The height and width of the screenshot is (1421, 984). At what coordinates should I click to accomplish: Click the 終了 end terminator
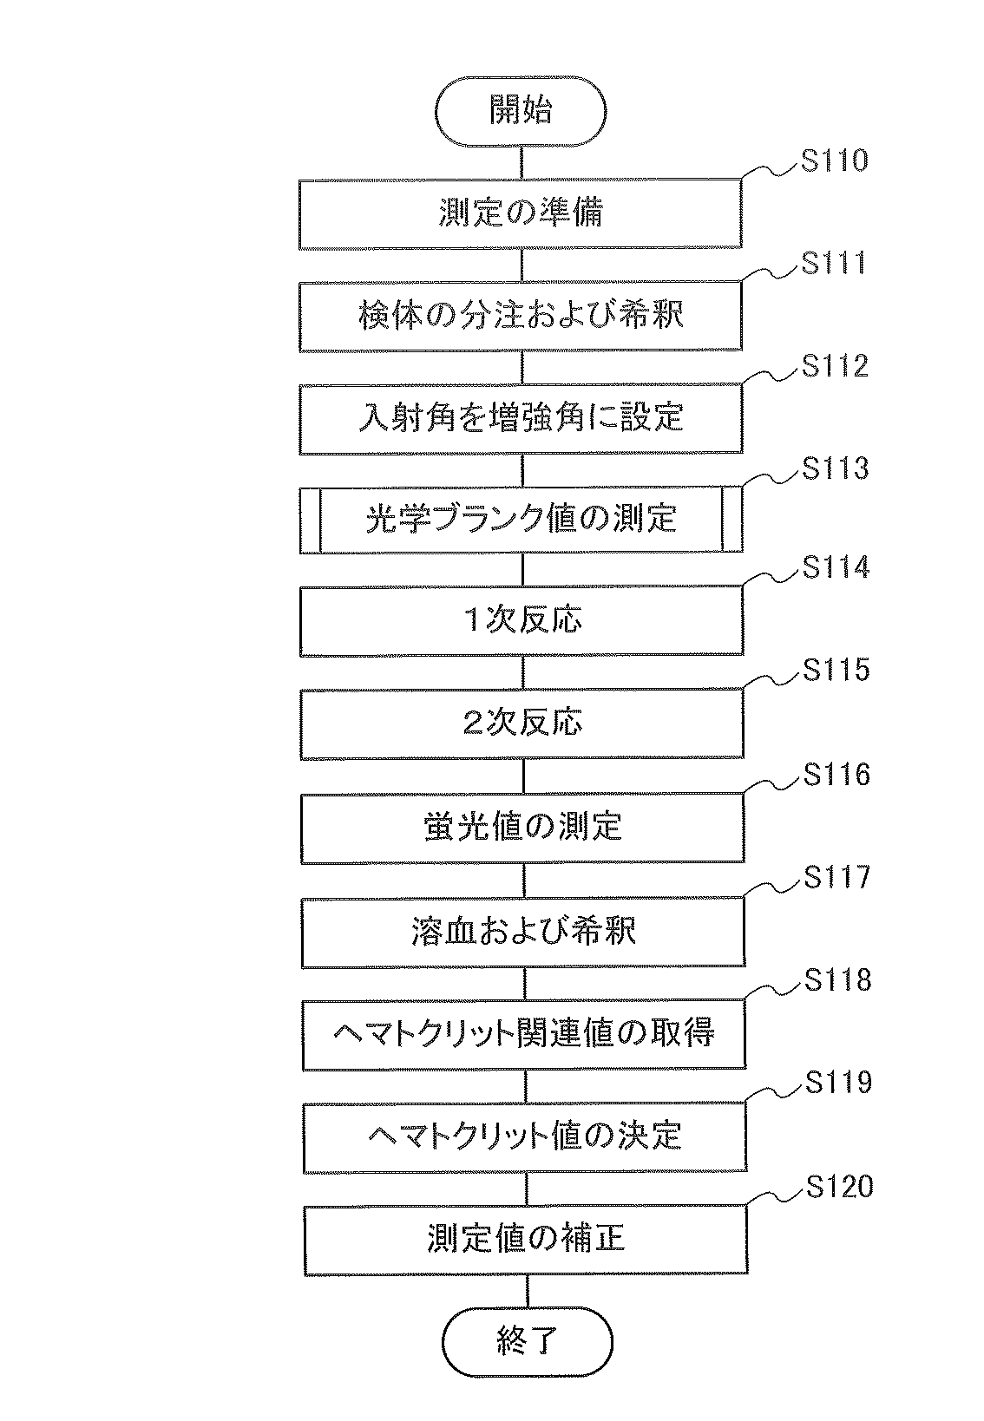(x=527, y=1342)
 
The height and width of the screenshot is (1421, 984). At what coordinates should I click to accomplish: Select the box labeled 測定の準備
(x=521, y=213)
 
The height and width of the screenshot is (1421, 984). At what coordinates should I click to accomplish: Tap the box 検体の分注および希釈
(x=521, y=316)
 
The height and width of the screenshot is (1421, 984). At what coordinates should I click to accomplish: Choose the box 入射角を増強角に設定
(x=522, y=418)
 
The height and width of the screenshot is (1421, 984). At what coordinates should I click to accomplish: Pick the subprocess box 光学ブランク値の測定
(x=522, y=520)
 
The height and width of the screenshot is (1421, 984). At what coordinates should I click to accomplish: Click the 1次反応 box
(x=522, y=620)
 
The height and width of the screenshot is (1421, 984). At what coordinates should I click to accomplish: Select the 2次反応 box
(x=522, y=724)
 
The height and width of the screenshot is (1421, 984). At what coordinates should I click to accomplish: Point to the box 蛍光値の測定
(x=523, y=827)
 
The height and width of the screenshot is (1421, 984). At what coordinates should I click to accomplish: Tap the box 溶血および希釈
(x=523, y=932)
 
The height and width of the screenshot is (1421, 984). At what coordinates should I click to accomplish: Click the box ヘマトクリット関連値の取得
(x=524, y=1034)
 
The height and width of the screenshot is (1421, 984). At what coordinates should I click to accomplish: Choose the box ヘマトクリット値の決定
(x=525, y=1136)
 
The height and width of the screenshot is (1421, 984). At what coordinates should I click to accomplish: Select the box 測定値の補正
(x=526, y=1239)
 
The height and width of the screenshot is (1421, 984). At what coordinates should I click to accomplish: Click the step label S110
(x=834, y=161)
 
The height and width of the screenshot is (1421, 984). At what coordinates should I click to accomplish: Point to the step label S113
(x=835, y=468)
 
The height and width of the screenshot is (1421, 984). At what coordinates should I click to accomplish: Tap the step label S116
(x=836, y=775)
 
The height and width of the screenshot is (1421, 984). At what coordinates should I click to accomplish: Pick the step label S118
(x=837, y=980)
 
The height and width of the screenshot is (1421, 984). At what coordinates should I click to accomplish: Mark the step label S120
(x=839, y=1186)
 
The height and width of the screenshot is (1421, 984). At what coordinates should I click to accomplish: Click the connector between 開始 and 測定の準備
(x=521, y=162)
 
